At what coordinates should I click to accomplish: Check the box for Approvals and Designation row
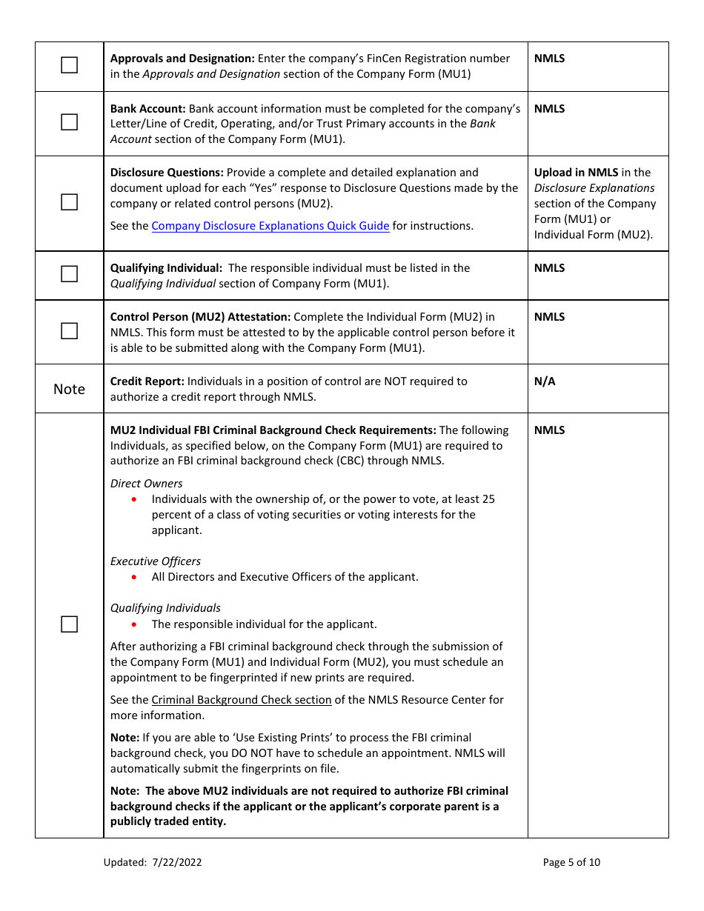coord(69,65)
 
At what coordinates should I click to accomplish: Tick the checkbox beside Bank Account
coord(69,122)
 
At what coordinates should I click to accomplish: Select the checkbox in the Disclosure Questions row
coord(69,201)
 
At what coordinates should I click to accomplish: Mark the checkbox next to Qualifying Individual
coord(69,274)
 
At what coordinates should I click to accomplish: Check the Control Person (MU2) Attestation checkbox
coord(69,331)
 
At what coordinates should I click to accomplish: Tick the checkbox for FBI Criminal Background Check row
coord(69,624)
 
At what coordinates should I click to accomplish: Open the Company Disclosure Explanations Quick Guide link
coord(270,226)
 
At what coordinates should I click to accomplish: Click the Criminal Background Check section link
coord(241,700)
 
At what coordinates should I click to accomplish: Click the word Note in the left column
coord(69,389)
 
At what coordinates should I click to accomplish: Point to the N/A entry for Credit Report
coord(544,381)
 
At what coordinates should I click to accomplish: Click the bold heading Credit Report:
coord(147,381)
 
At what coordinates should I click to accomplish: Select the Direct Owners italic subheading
coord(146,484)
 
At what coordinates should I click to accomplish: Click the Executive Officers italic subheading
coord(155,561)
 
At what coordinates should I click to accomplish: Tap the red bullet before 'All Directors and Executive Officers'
coord(134,577)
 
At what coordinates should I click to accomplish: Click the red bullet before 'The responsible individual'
coord(134,624)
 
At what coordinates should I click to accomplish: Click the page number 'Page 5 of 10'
coord(571,862)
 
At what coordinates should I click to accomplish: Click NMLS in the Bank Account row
coord(549,109)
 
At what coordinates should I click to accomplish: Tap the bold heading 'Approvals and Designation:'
coord(182,59)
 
